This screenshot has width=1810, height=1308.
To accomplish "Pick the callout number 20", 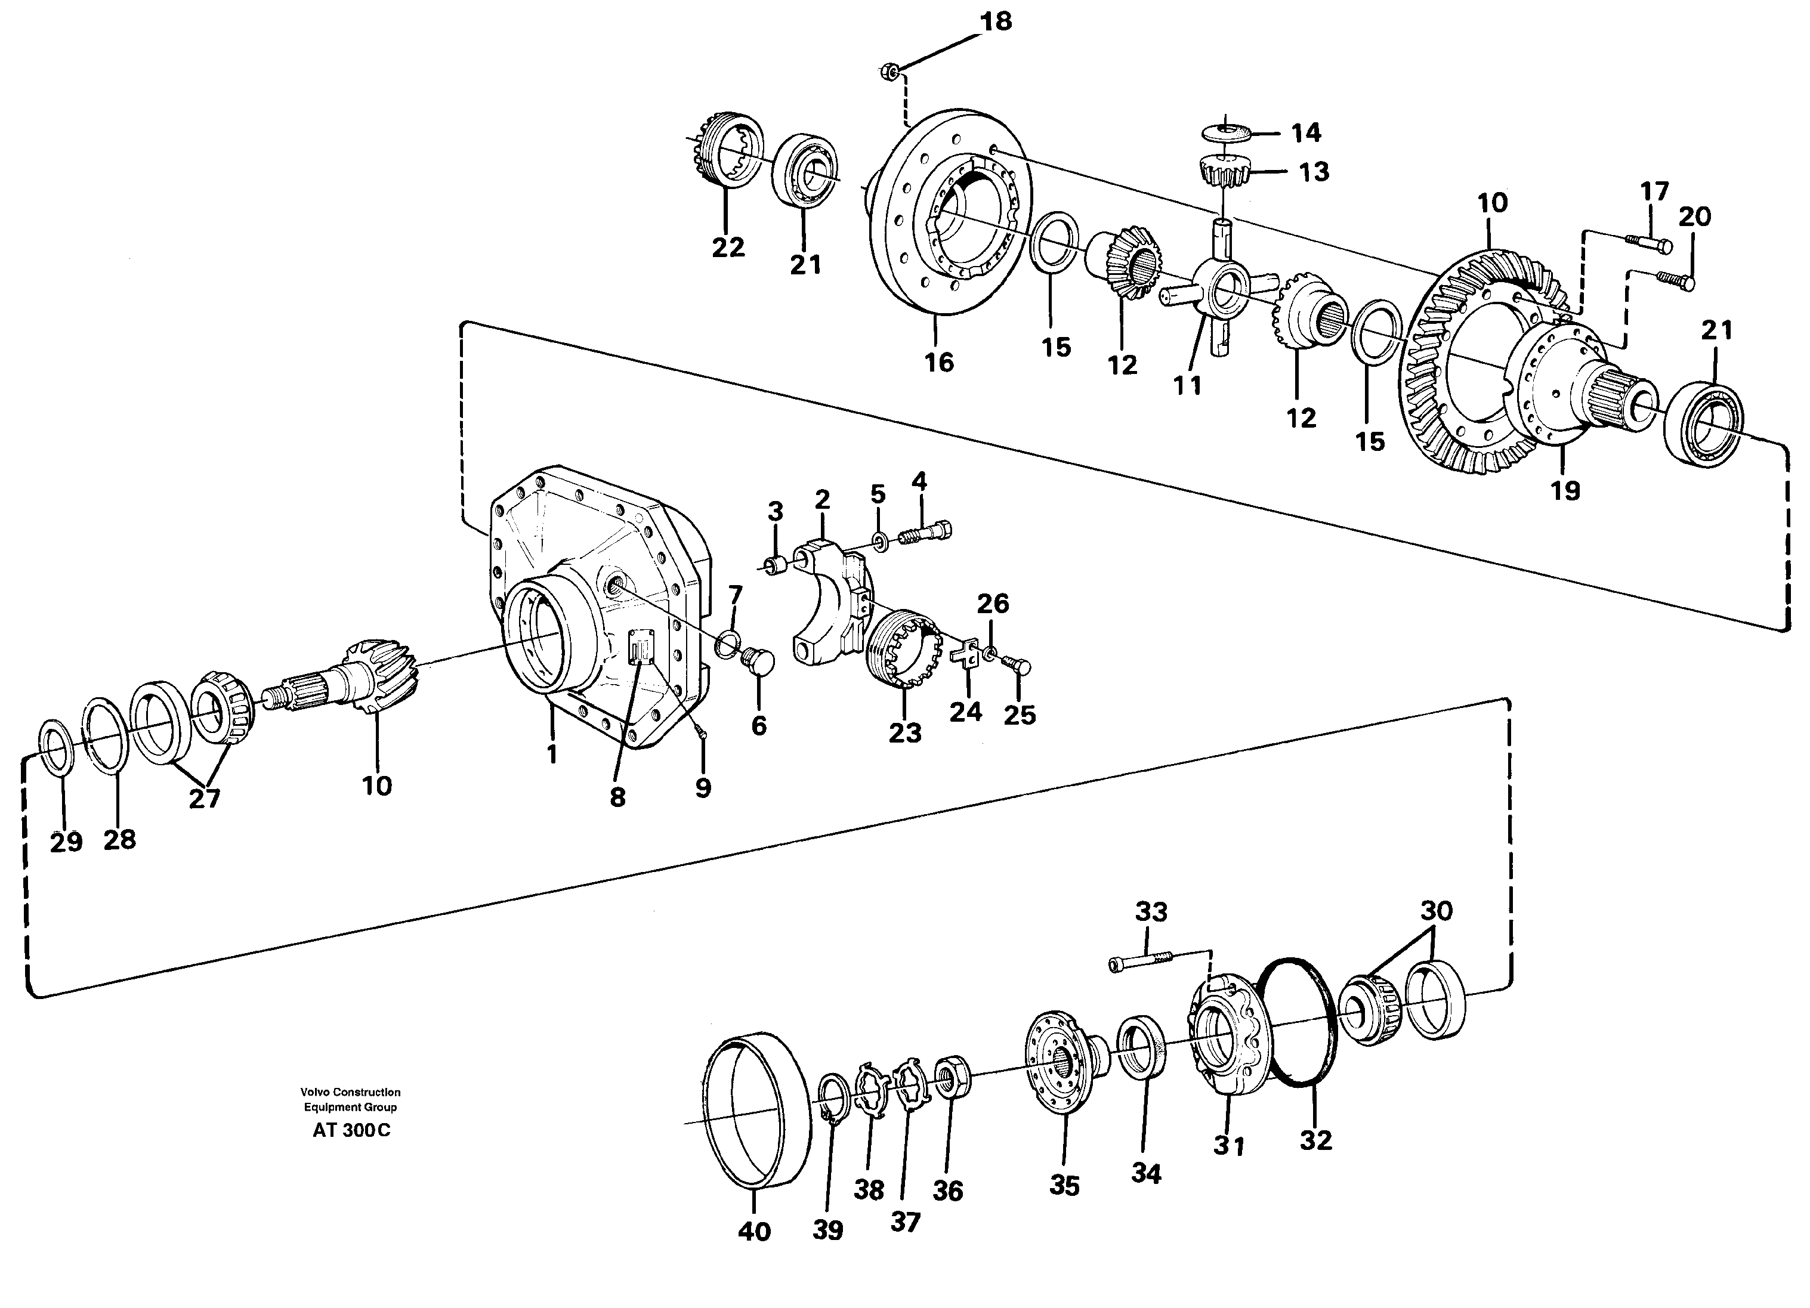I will tap(1694, 217).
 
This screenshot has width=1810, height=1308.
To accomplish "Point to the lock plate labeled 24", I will tap(966, 652).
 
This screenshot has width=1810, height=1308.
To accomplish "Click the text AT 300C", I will tap(351, 1131).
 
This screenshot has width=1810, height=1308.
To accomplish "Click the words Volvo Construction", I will tap(350, 1091).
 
